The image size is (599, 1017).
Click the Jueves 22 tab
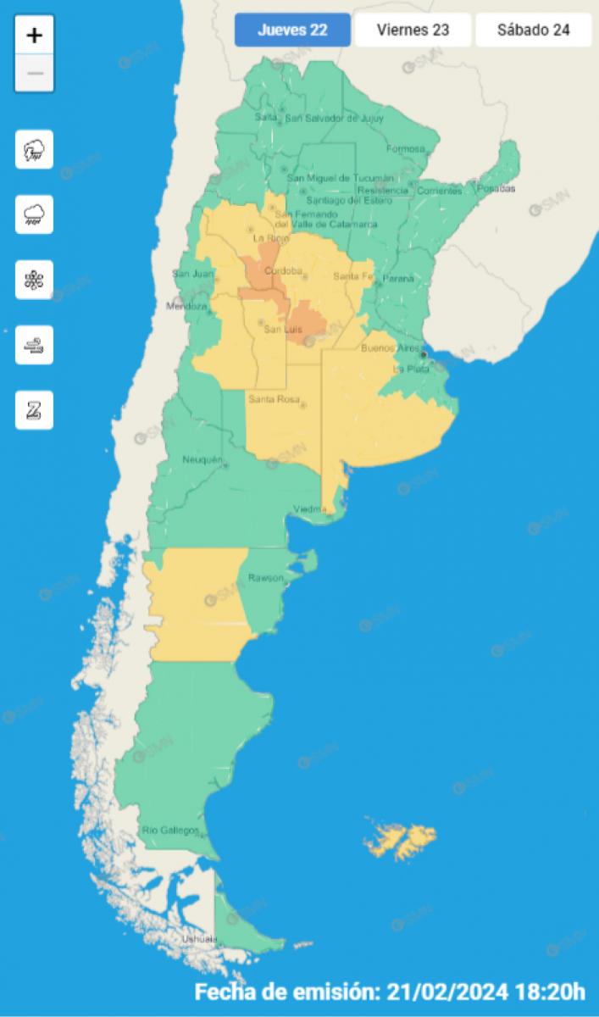click(x=292, y=31)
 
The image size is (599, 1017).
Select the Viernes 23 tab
click(x=413, y=31)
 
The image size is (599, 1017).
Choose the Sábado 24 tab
click(x=533, y=31)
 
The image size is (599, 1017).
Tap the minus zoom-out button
click(x=35, y=73)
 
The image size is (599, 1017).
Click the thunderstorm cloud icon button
click(x=35, y=150)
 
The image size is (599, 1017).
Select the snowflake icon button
click(x=35, y=280)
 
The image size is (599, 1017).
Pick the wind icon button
click(x=35, y=345)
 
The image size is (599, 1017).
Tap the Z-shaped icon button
click(x=35, y=410)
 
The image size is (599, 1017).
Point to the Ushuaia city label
click(x=200, y=940)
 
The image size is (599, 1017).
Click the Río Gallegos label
click(x=170, y=830)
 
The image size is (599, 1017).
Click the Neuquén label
click(x=202, y=460)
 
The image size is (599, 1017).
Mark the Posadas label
click(x=496, y=188)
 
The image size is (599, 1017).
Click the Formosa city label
click(x=405, y=149)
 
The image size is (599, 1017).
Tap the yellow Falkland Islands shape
click(x=400, y=839)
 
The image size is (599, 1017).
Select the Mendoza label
click(x=186, y=306)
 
